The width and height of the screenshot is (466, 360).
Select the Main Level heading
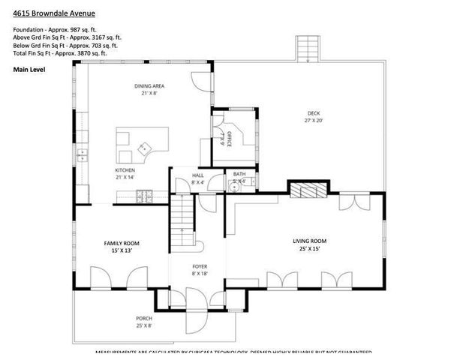pos(29,69)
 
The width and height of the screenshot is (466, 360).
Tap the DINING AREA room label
pos(149,86)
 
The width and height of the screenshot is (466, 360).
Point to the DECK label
pos(314,113)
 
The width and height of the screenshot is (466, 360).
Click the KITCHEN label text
pos(125,171)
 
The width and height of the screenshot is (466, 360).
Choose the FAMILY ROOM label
pos(121,242)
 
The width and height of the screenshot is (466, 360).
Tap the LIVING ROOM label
pos(309,241)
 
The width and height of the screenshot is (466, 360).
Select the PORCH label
pos(144,318)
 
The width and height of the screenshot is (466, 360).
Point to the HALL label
pos(198,175)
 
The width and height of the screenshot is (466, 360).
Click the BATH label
pos(239,175)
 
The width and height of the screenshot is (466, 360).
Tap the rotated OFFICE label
pos(229,138)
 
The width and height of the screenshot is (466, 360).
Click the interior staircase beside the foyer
pos(182,221)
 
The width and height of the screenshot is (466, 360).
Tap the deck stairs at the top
pos(308,49)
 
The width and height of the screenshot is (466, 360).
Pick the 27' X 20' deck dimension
pos(314,120)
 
